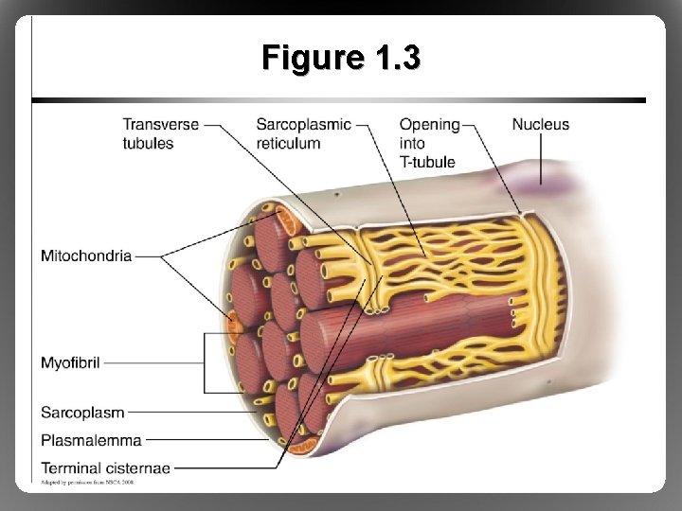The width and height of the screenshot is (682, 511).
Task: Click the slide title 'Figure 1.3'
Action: pos(341,59)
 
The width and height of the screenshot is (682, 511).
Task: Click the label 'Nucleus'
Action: pos(540,124)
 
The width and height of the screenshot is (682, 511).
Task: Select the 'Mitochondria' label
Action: pos(86,255)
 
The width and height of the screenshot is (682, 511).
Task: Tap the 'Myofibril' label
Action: pos(70,362)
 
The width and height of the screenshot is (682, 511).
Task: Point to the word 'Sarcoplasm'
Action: pos(81,412)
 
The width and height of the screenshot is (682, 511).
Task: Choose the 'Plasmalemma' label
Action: pos(91,439)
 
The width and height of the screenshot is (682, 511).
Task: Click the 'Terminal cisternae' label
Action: pos(105,467)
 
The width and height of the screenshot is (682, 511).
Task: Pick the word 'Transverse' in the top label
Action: pos(161,124)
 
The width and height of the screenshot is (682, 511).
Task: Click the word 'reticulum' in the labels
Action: pos(288,143)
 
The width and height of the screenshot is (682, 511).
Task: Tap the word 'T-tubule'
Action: pos(426,162)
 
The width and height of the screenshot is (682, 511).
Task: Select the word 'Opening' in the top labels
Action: pos(429,124)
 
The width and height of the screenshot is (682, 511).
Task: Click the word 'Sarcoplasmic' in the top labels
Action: pos(303,124)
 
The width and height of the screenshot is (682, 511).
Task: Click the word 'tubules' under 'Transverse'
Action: pos(148,143)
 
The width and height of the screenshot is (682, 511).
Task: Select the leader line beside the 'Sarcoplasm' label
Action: pos(189,412)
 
